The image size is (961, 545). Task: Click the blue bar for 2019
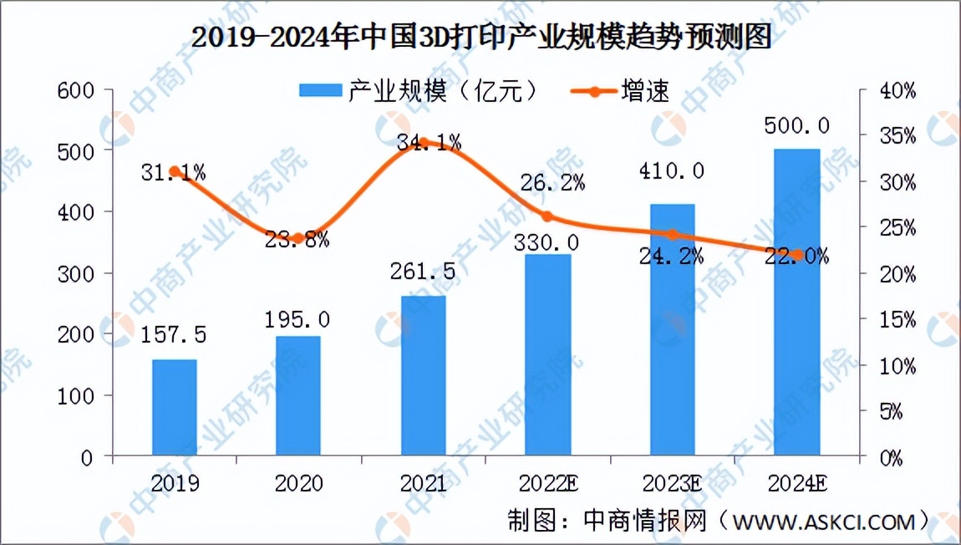[174, 408]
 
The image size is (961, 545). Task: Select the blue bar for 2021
[423, 376]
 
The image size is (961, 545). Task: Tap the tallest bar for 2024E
[796, 303]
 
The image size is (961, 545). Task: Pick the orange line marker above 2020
[298, 238]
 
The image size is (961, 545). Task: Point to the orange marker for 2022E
[547, 216]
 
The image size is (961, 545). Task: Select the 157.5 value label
[173, 336]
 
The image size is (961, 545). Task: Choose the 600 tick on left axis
[74, 89]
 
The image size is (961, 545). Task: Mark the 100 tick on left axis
[74, 395]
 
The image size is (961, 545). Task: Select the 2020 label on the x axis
[298, 484]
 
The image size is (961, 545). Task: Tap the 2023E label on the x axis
[673, 484]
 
